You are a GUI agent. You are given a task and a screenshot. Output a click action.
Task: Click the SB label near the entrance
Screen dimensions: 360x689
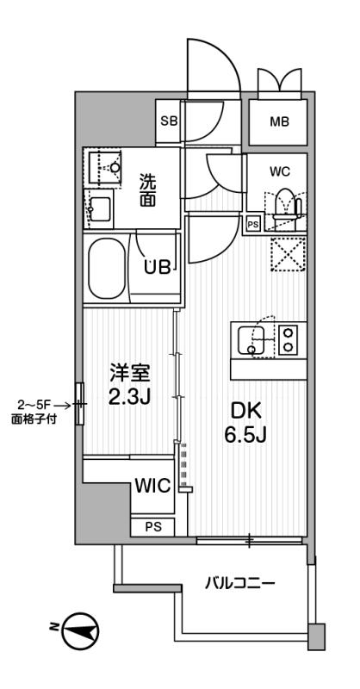click(168, 121)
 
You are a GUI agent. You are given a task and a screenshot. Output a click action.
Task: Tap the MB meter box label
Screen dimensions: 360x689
click(279, 121)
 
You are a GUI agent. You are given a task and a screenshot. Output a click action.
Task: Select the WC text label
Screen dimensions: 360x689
click(280, 171)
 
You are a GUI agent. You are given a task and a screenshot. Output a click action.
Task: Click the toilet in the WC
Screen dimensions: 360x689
click(286, 205)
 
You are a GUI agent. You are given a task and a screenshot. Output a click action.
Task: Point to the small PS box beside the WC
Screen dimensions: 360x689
click(253, 224)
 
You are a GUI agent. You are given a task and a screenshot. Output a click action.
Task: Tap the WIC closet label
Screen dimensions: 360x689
click(152, 486)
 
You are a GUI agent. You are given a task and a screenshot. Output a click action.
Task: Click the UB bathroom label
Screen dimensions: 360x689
click(158, 268)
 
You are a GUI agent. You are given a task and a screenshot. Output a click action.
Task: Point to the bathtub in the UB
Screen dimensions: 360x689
click(107, 268)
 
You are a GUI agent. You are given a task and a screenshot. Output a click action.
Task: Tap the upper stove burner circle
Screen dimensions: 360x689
click(289, 333)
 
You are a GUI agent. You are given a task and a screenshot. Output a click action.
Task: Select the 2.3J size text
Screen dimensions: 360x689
click(131, 397)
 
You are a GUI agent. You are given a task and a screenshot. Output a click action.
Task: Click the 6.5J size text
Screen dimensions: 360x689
click(245, 435)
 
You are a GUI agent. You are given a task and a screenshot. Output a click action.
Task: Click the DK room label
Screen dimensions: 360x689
click(246, 412)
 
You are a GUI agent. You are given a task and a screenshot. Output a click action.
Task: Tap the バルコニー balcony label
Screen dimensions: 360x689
click(240, 584)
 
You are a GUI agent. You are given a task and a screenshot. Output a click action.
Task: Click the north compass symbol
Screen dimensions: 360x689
click(80, 631)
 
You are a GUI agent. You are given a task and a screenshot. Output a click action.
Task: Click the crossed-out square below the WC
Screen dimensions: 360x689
click(288, 254)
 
